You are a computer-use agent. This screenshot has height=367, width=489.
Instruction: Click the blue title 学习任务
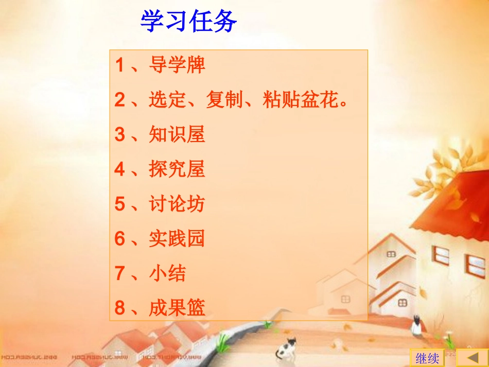pyautogui.click(x=188, y=22)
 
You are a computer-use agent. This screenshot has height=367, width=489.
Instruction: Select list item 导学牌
pyautogui.click(x=177, y=65)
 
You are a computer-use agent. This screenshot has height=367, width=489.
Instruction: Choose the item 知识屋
pyautogui.click(x=177, y=134)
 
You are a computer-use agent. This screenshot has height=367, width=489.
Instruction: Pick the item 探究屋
pyautogui.click(x=177, y=169)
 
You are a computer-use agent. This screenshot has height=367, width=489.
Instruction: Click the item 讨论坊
pyautogui.click(x=177, y=204)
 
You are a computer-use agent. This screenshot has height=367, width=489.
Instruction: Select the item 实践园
pyautogui.click(x=177, y=238)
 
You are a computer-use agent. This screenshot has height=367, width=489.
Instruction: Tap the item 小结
pyautogui.click(x=167, y=273)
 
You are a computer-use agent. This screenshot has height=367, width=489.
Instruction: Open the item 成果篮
pyautogui.click(x=177, y=308)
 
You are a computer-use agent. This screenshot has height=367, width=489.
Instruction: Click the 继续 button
pyautogui.click(x=427, y=358)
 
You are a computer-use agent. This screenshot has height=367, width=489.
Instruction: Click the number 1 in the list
pyautogui.click(x=119, y=65)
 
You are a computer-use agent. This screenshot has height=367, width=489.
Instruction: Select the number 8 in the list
pyautogui.click(x=119, y=308)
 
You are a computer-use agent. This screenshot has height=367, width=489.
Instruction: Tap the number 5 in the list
pyautogui.click(x=119, y=204)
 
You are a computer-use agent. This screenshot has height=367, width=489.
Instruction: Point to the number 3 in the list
pyautogui.click(x=119, y=134)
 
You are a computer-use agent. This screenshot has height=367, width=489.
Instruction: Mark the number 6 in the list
pyautogui.click(x=119, y=238)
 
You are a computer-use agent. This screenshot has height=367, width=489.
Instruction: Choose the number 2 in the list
pyautogui.click(x=119, y=100)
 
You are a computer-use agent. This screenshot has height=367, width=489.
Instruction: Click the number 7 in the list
pyautogui.click(x=119, y=273)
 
